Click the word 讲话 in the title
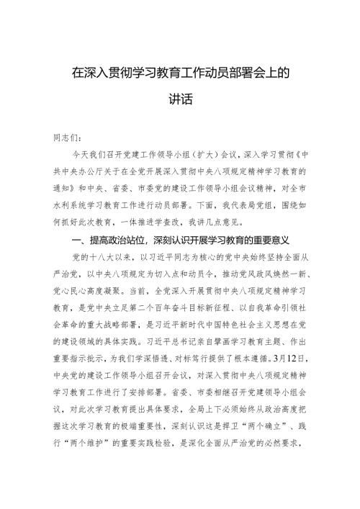pyautogui.click(x=179, y=99)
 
